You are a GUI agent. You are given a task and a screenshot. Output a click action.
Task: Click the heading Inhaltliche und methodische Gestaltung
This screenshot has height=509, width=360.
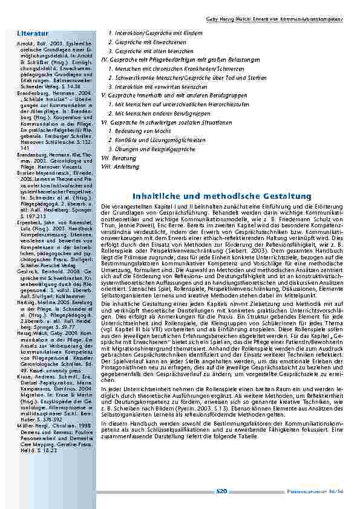coord(221,196)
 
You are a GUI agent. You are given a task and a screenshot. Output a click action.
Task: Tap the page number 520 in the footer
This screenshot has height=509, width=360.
coord(221,491)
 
